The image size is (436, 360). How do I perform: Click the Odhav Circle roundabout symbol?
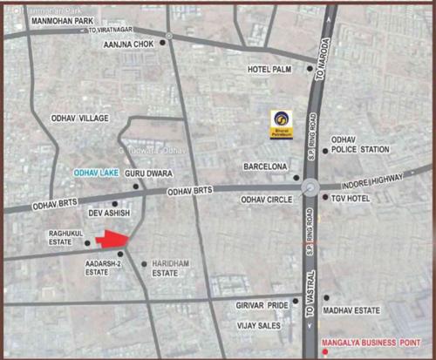pyautogui.click(x=310, y=187)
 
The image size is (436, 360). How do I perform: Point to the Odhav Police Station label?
pyautogui.click(x=360, y=144)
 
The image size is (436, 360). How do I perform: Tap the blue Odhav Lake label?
pyautogui.click(x=96, y=173)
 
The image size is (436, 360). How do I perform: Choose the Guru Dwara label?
pyautogui.click(x=145, y=174)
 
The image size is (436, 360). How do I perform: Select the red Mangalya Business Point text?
pyautogui.click(x=371, y=342)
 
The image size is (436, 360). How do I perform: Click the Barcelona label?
pyautogui.click(x=265, y=166)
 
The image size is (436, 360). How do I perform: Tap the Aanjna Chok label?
pyautogui.click(x=128, y=44)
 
